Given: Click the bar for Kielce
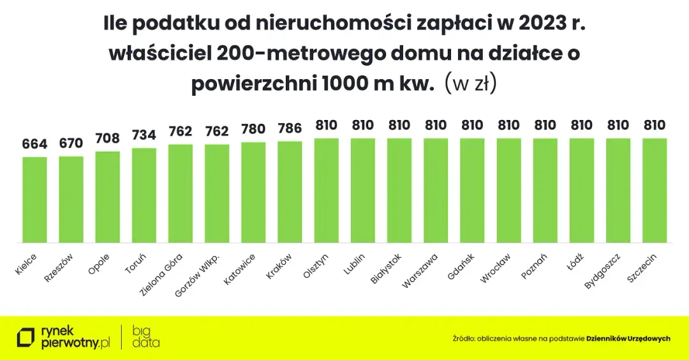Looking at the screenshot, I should [x=34, y=200].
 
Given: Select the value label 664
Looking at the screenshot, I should [x=34, y=144].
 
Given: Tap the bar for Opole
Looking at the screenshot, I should [x=107, y=197].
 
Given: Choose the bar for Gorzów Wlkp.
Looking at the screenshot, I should [x=217, y=193].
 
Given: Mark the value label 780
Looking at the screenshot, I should [x=253, y=129].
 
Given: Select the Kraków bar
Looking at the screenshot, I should [x=290, y=191].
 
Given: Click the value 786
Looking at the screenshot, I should [x=290, y=128].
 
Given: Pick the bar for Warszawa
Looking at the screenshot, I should [x=436, y=190].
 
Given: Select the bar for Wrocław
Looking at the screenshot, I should [x=508, y=190].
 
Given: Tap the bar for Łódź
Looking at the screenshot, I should [x=581, y=190].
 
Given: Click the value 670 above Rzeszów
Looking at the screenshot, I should [x=71, y=143].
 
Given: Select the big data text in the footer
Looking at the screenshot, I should [x=146, y=336].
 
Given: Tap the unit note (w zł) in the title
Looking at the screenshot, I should [x=470, y=84].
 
